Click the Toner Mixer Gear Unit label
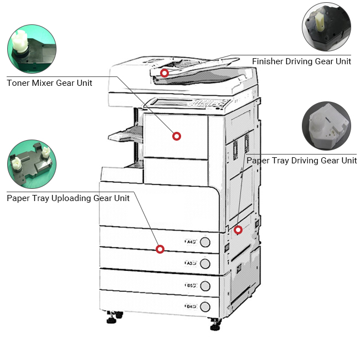click(x=49, y=83)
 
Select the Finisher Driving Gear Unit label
click(x=301, y=61)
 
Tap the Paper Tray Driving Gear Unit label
click(x=301, y=161)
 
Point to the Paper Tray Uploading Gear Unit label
click(x=68, y=198)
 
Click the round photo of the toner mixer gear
click(x=32, y=49)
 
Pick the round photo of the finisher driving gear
click(x=327, y=27)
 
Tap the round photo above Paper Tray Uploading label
click(x=32, y=164)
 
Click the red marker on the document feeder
click(x=164, y=73)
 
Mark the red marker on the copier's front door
click(x=177, y=136)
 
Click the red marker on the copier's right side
click(x=238, y=230)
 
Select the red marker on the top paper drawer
click(x=160, y=249)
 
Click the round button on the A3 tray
click(x=205, y=263)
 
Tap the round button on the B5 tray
click(x=205, y=286)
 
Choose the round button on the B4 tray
click(x=205, y=307)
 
